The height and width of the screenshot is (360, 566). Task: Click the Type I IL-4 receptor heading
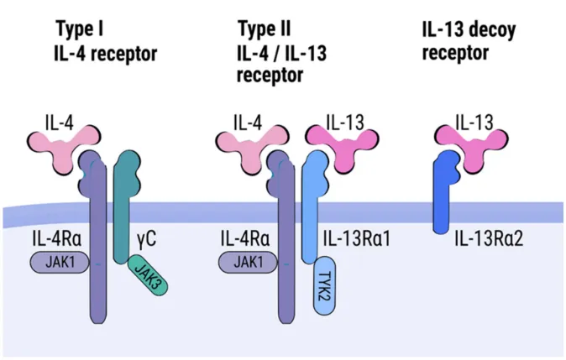point(106,43)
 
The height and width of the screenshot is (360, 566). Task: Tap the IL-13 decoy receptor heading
point(469,43)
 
